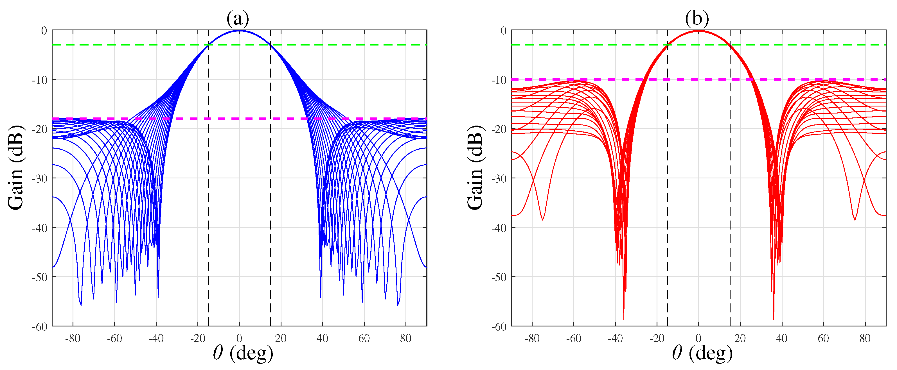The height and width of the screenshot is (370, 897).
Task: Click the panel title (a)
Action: click(x=238, y=18)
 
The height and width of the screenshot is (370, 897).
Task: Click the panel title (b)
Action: click(x=697, y=18)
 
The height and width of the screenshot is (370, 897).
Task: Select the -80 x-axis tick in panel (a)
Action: click(x=73, y=338)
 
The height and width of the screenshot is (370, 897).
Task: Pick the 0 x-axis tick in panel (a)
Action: click(x=239, y=338)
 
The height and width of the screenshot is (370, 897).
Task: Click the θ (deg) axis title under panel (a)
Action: click(x=243, y=353)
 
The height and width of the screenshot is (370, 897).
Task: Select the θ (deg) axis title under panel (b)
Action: click(x=702, y=353)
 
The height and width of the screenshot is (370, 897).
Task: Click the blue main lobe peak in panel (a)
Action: click(x=239, y=31)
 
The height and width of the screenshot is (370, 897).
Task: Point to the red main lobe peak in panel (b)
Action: click(x=698, y=31)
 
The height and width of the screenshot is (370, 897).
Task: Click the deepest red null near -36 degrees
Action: click(x=624, y=319)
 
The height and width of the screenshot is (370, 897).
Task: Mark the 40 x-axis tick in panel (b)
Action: click(x=782, y=338)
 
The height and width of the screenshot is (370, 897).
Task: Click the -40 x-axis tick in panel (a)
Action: click(x=156, y=338)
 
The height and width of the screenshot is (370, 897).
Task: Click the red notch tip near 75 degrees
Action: click(x=855, y=220)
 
